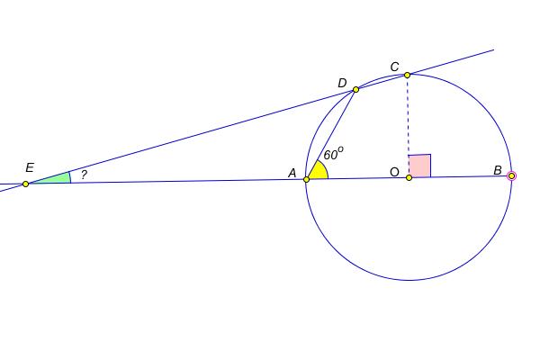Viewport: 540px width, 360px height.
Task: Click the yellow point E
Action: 25,184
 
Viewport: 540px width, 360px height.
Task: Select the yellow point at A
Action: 306,179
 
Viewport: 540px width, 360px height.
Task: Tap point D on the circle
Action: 355,90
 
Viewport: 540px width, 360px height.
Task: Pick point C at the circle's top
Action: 407,75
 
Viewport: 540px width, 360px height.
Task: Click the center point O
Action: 409,178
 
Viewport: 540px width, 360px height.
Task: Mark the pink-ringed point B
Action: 512,176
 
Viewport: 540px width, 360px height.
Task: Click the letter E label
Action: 30,167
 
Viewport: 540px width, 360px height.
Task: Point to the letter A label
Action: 292,173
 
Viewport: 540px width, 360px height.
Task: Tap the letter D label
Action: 342,83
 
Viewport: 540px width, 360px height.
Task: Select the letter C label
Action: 395,67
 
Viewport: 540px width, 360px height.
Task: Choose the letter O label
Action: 395,172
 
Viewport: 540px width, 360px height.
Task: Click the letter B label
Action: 498,170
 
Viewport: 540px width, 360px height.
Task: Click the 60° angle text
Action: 333,154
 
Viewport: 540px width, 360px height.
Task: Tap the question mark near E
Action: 84,175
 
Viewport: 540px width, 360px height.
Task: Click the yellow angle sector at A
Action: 319,172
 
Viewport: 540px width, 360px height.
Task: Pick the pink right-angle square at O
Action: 419,166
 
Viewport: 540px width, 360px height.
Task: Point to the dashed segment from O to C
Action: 408,126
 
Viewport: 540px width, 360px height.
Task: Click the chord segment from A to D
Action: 331,134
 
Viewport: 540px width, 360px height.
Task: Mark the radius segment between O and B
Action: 460,177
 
